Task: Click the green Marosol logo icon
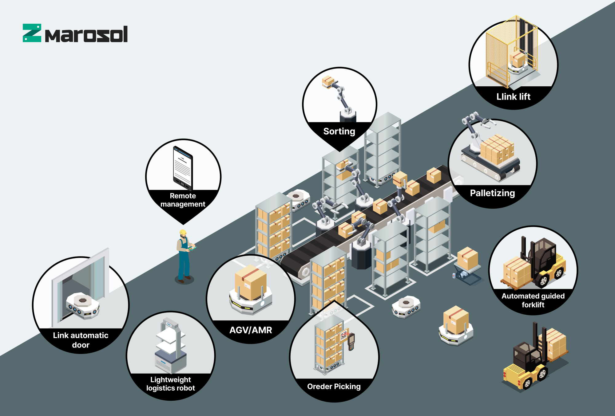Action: click(x=32, y=33)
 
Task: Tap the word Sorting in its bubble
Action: click(x=339, y=131)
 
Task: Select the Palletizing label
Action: click(x=492, y=193)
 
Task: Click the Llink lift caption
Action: click(x=513, y=97)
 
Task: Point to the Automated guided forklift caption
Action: click(x=533, y=300)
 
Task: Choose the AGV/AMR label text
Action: click(x=251, y=330)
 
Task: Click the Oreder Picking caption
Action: click(x=334, y=387)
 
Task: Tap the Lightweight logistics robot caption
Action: click(x=171, y=384)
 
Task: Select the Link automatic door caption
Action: click(x=81, y=340)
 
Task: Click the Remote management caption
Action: click(x=183, y=200)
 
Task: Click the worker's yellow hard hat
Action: click(x=183, y=232)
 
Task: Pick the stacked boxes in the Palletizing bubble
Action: click(x=497, y=149)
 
